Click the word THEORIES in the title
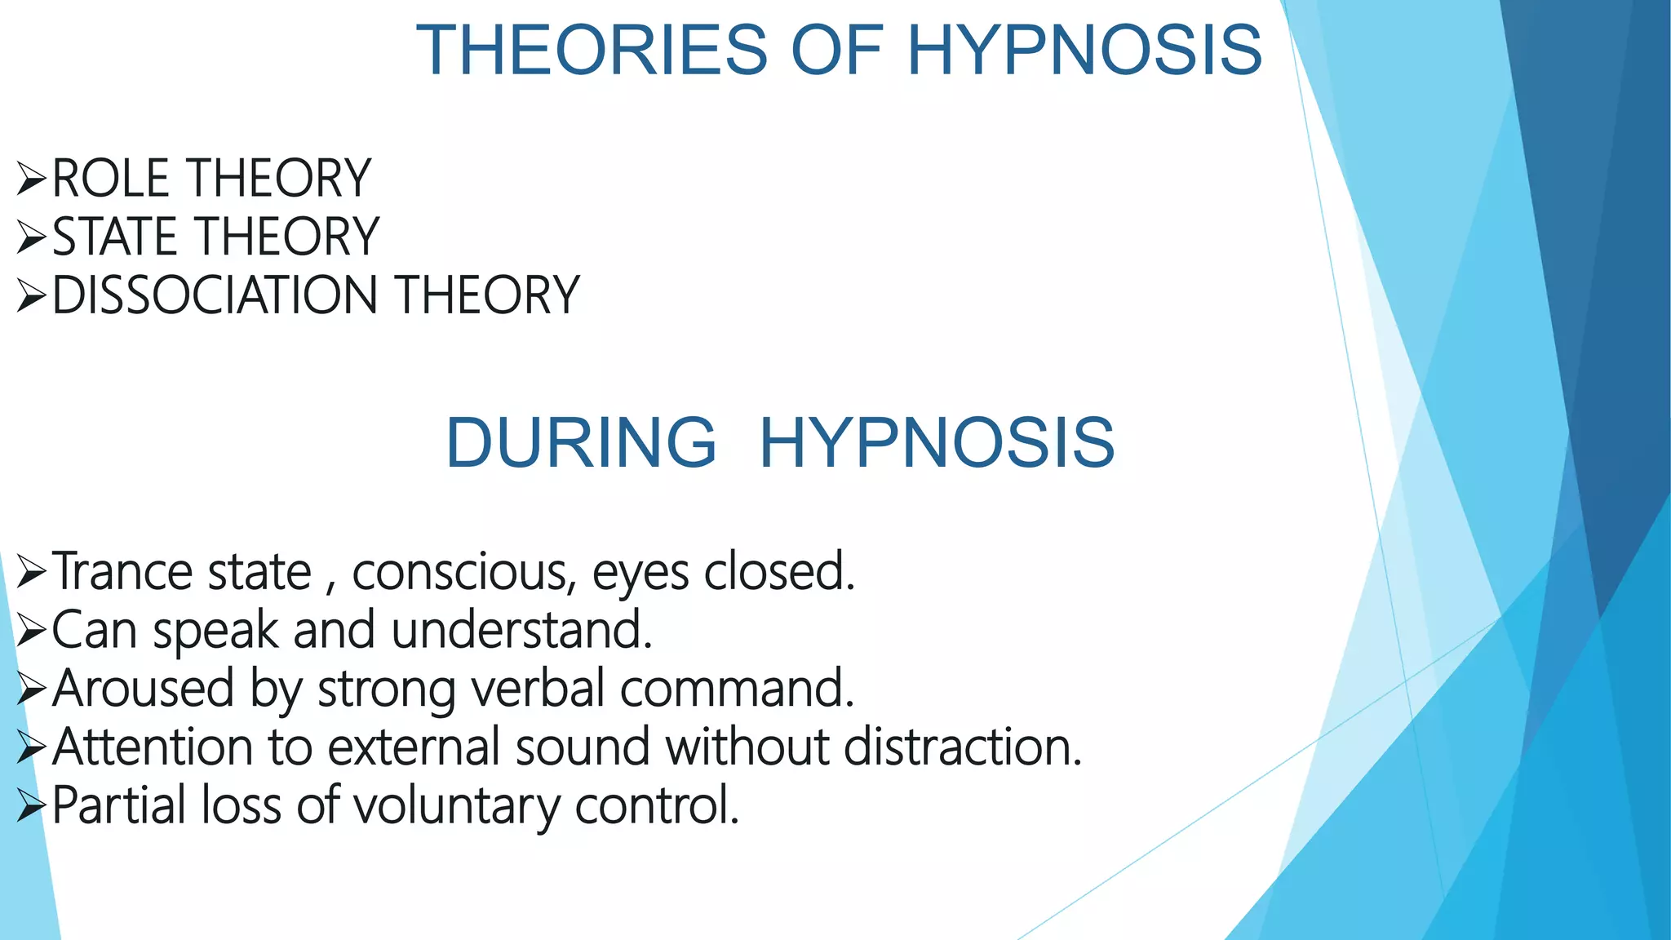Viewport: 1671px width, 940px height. click(592, 51)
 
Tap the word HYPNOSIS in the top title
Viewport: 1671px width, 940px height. click(1084, 51)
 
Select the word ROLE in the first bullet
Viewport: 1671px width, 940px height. click(111, 178)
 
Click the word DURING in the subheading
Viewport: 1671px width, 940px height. click(581, 442)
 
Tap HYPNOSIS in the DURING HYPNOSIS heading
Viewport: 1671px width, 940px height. click(937, 442)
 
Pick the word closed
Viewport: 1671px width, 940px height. click(778, 571)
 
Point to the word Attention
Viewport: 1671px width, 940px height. click(153, 747)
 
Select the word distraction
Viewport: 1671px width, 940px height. click(963, 747)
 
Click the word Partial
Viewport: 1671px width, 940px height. click(120, 806)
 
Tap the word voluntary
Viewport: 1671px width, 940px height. click(457, 806)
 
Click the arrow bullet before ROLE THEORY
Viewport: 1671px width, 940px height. click(31, 179)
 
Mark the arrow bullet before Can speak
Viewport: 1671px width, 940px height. click(31, 631)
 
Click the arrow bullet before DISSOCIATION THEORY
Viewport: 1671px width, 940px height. click(31, 295)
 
